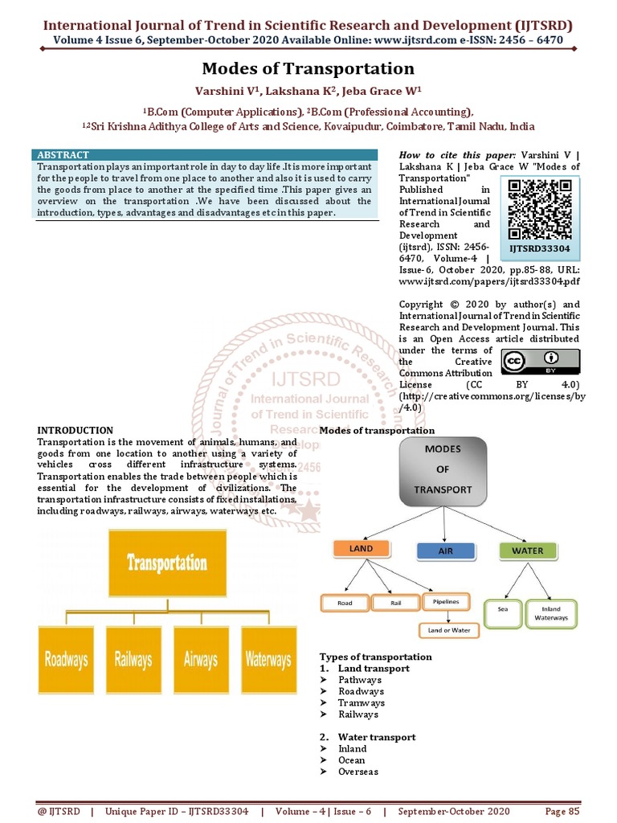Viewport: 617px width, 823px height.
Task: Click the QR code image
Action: [541, 208]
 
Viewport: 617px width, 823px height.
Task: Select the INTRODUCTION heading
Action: [76, 430]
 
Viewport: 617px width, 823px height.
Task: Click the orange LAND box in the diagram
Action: [361, 550]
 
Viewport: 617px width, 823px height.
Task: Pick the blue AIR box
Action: [446, 551]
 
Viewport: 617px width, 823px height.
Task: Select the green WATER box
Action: [527, 551]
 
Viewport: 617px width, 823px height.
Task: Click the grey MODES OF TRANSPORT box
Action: [443, 471]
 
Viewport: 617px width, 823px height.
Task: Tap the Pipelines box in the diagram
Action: [446, 601]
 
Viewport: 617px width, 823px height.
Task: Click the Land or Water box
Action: [449, 630]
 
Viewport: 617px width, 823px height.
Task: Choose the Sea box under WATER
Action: [504, 610]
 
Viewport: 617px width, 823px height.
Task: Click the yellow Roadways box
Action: [67, 660]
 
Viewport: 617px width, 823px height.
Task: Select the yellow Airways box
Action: [201, 660]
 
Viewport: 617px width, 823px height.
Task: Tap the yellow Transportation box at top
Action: [167, 563]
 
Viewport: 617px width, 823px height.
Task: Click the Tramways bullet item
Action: [361, 702]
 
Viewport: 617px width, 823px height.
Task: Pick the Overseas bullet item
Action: [358, 772]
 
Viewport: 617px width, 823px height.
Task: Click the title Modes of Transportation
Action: [308, 69]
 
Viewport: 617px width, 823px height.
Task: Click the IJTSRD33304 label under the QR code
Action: [541, 249]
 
